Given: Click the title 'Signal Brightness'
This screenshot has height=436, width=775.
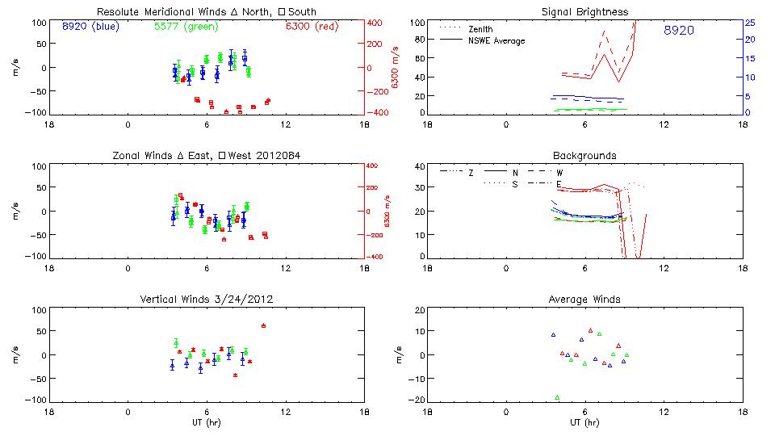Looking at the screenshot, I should pyautogui.click(x=584, y=12).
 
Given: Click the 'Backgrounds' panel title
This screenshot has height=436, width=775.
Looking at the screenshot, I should pyautogui.click(x=584, y=155).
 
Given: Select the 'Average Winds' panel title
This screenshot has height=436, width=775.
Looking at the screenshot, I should pyautogui.click(x=584, y=300).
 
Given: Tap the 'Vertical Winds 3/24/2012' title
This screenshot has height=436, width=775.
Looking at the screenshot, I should pyautogui.click(x=207, y=300).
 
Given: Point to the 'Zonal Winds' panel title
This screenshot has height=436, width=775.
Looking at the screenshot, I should pyautogui.click(x=207, y=155).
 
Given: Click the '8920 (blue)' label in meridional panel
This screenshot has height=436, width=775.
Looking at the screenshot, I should pyautogui.click(x=90, y=26).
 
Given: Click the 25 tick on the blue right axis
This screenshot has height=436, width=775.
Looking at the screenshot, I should pyautogui.click(x=749, y=23).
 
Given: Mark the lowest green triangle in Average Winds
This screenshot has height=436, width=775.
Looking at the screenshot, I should pyautogui.click(x=557, y=397).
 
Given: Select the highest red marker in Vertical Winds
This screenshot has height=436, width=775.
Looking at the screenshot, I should pyautogui.click(x=263, y=325).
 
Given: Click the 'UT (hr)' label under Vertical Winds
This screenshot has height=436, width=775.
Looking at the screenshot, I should pyautogui.click(x=207, y=422).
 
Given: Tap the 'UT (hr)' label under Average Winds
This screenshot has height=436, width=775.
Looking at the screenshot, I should pyautogui.click(x=584, y=422).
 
